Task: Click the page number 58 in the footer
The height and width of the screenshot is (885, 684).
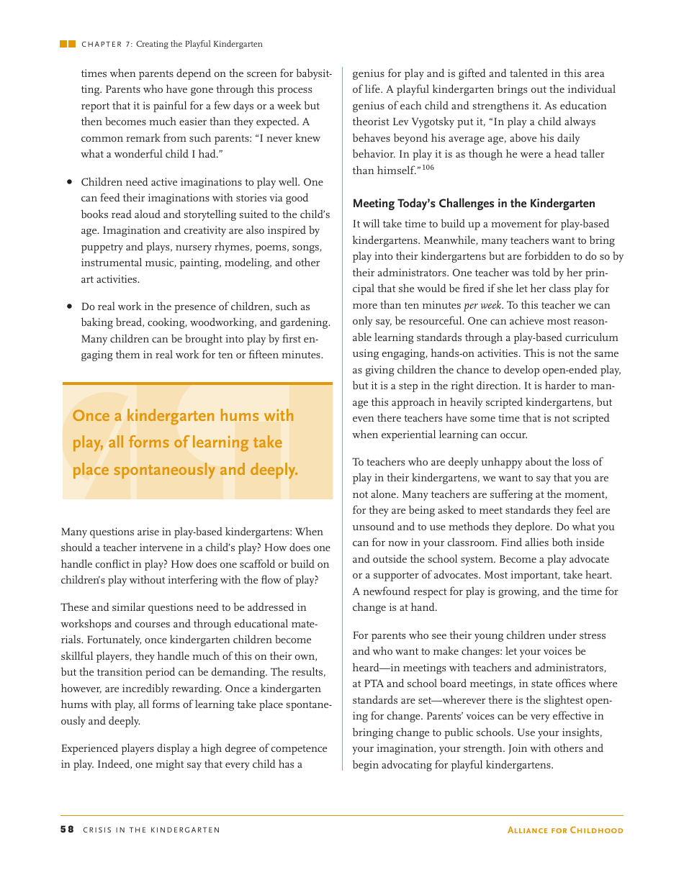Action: [66, 830]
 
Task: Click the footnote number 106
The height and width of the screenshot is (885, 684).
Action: [428, 168]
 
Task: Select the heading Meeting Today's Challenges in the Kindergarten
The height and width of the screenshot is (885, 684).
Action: [474, 204]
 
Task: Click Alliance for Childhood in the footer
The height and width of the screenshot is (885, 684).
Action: [565, 830]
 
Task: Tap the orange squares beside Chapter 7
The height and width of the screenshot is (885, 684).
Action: [68, 44]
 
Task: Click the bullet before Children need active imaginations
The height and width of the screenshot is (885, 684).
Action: [70, 182]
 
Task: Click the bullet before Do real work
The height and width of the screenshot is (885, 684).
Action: [70, 307]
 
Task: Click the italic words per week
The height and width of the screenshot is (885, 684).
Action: [482, 305]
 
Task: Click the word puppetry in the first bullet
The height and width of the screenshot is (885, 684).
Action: [104, 247]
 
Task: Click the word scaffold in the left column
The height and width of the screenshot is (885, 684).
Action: [258, 564]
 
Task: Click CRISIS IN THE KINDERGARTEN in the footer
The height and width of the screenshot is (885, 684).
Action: [152, 830]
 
